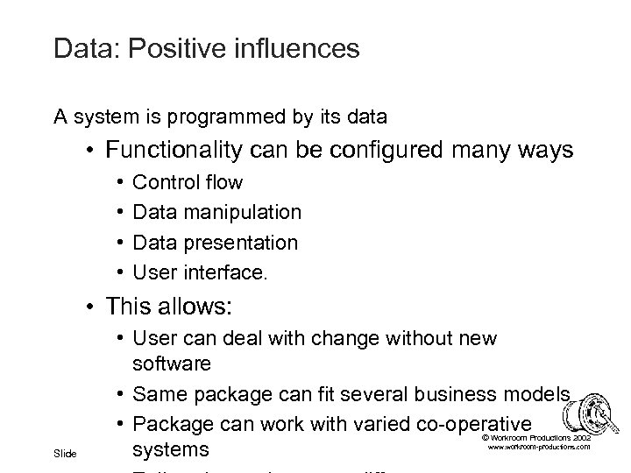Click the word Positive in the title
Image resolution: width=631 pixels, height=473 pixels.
tap(179, 48)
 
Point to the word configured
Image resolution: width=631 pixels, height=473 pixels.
tap(386, 152)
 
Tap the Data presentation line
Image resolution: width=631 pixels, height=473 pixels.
tap(215, 242)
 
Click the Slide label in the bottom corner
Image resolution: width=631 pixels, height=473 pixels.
tap(65, 453)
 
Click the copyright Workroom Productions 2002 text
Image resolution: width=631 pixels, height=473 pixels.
tap(535, 436)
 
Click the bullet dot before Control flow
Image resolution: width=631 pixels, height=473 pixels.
tap(118, 183)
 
